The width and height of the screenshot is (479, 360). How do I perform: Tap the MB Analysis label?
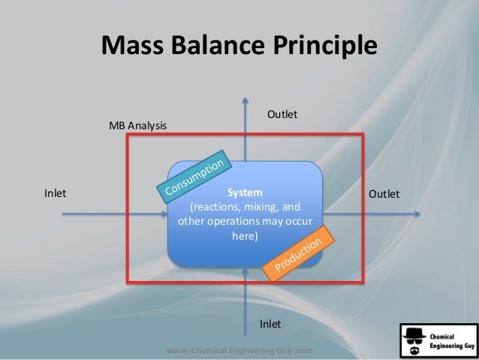tap(138, 125)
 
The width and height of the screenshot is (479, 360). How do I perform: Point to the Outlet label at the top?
tap(283, 114)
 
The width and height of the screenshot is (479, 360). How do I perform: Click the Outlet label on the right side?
tap(384, 194)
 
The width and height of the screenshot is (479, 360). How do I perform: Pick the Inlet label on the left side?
tap(55, 194)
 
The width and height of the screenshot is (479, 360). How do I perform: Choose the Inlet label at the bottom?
tap(270, 324)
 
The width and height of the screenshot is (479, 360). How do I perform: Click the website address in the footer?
tap(239, 351)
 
